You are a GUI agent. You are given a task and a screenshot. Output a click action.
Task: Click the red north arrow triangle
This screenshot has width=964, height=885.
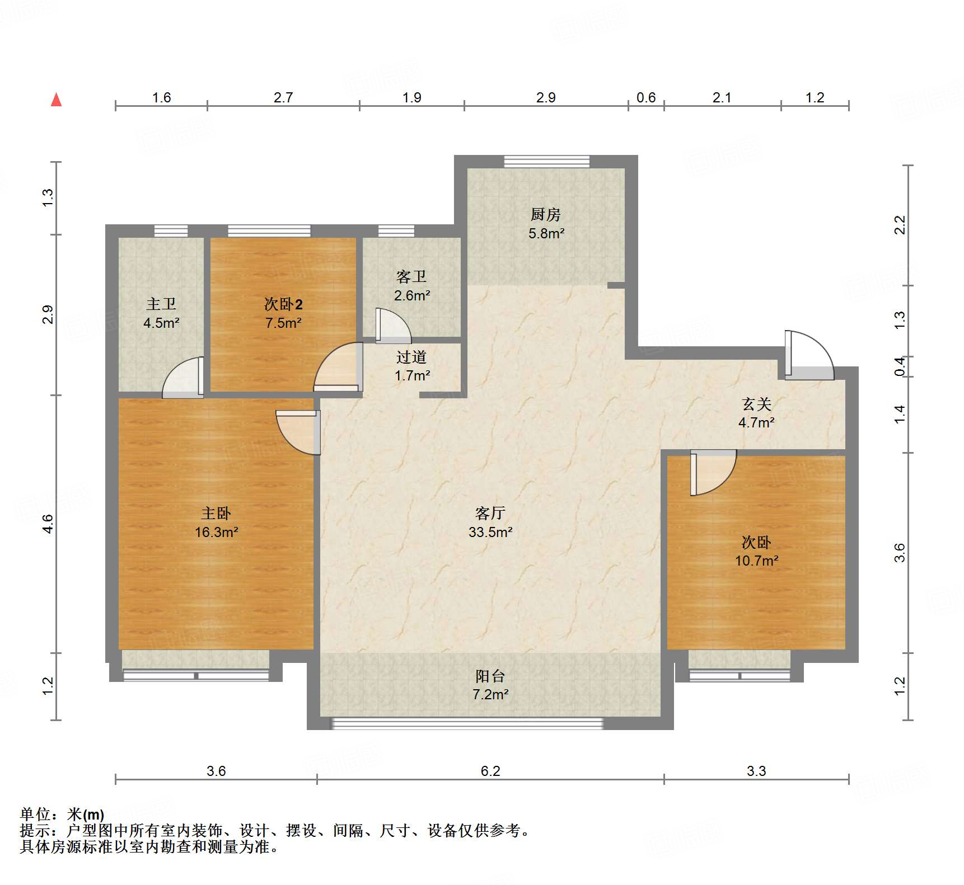point(56,100)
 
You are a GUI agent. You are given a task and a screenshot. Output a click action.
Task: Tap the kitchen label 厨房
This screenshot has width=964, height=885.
point(545,214)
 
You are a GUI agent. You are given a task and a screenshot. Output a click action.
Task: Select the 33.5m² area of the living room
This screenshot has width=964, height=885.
point(490,532)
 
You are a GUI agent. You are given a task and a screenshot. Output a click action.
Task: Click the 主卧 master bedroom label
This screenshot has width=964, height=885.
point(216,513)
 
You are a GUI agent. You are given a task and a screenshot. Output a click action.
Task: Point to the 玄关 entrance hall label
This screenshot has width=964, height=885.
point(756,404)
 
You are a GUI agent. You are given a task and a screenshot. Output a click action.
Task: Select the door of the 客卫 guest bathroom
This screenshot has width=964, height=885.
point(393,327)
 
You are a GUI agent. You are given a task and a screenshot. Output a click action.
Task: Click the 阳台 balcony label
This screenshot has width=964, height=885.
point(490,676)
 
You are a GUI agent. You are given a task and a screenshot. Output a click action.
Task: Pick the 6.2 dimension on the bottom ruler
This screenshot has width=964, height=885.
point(490,771)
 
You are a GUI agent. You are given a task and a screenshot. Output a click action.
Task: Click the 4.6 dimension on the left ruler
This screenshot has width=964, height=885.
point(48,524)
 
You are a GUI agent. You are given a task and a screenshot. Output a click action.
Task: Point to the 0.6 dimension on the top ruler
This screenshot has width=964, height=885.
point(646,98)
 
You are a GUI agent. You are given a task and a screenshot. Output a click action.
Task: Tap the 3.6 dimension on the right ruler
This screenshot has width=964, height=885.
point(899,553)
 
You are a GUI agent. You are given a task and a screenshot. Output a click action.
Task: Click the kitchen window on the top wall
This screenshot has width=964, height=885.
point(546,162)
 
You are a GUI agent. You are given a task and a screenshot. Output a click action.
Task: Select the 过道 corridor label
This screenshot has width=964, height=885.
point(411,357)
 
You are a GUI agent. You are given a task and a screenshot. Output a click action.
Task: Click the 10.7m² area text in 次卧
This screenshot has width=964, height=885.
point(756,561)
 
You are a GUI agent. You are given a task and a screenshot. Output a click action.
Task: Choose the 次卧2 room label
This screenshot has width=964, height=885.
point(283,304)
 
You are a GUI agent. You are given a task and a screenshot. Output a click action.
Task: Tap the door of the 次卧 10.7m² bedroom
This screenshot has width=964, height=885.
point(712,473)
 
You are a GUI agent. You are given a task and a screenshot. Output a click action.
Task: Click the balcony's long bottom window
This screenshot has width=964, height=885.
point(467,723)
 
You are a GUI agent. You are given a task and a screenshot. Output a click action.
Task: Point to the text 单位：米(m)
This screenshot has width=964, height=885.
point(62,814)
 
